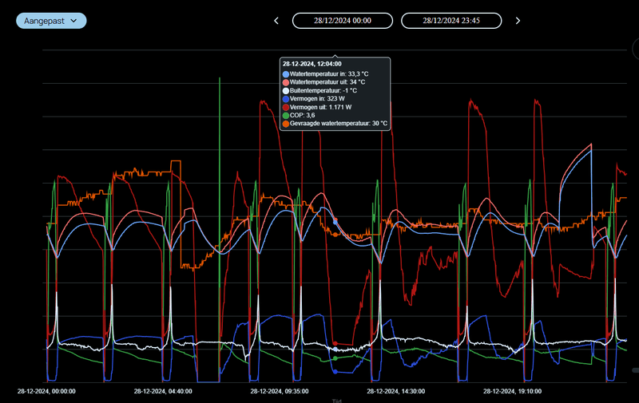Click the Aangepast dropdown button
[x=51, y=20]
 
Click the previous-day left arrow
[x=276, y=21]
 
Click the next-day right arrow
[x=518, y=21]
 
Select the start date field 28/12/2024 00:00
[x=343, y=21]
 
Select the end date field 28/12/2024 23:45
[x=451, y=21]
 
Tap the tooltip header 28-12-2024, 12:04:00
[x=312, y=64]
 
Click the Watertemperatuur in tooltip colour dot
[x=286, y=74]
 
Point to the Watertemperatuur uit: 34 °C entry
[x=327, y=82]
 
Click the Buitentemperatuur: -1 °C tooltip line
[x=323, y=90]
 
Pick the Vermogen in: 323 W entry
[x=320, y=98]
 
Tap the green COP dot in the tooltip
[x=286, y=115]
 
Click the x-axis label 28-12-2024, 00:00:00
[x=46, y=392]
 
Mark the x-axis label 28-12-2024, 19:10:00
[x=512, y=392]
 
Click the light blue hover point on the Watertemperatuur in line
[x=335, y=220]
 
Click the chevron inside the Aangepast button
[x=73, y=20]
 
